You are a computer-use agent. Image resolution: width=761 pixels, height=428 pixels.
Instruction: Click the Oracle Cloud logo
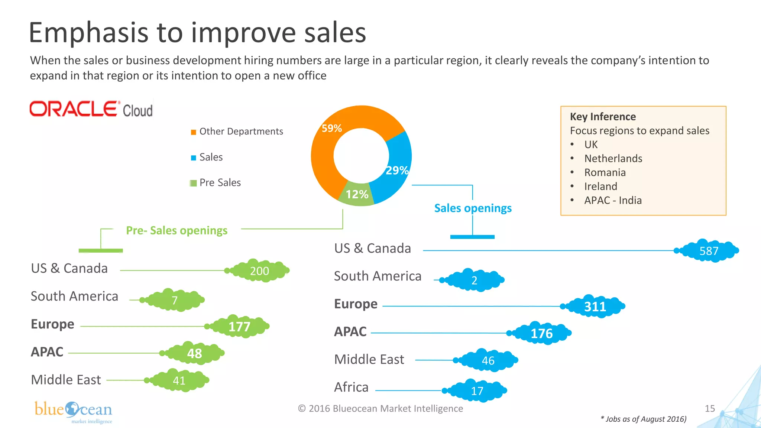[91, 109]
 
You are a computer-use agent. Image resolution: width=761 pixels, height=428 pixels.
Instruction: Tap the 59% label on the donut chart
[331, 128]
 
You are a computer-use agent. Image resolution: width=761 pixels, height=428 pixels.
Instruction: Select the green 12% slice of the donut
[356, 194]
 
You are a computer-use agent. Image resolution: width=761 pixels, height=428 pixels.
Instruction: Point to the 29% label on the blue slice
[397, 171]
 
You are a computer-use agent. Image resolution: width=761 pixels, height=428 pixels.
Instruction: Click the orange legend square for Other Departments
[193, 132]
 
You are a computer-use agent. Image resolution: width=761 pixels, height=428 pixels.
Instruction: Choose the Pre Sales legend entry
[220, 183]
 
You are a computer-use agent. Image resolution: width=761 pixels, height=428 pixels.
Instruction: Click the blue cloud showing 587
[709, 251]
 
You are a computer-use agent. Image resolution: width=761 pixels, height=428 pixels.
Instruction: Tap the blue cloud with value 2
[475, 280]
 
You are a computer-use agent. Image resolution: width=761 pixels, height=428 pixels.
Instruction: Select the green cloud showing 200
[259, 271]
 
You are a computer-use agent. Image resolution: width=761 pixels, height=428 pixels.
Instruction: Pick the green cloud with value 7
[175, 300]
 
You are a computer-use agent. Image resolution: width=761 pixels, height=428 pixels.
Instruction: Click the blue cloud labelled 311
[595, 307]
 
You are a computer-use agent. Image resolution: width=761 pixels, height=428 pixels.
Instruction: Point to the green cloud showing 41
[179, 380]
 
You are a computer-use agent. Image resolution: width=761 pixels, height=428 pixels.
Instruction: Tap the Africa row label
[351, 387]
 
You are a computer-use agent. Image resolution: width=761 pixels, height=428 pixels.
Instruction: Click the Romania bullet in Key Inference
[605, 172]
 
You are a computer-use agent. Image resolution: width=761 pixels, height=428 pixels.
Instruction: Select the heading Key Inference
[603, 117]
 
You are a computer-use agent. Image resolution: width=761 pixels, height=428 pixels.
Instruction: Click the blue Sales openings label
[473, 208]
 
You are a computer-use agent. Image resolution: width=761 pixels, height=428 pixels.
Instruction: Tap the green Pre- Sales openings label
[177, 230]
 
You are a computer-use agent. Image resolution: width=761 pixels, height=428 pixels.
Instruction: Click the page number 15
[710, 408]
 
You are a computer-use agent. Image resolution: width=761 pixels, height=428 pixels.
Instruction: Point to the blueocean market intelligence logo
[74, 412]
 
